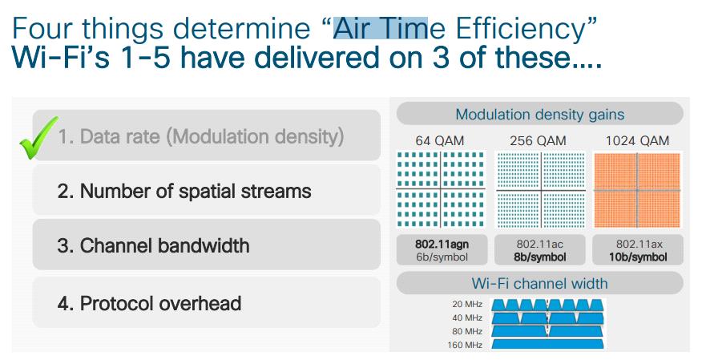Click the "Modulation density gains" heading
[x=540, y=115]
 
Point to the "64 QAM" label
[x=439, y=141]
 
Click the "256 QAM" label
[x=538, y=141]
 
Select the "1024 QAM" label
[x=637, y=141]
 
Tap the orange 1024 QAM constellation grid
[x=637, y=190]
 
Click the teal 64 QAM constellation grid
[x=441, y=189]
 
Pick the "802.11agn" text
[x=442, y=245]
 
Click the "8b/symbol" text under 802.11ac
[x=540, y=257]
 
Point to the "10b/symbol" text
[x=638, y=257]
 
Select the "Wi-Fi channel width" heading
[x=539, y=283]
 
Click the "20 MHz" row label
[x=467, y=304]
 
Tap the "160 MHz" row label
[x=465, y=345]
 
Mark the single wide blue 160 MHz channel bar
[x=547, y=345]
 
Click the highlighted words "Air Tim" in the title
[x=381, y=28]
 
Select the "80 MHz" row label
[x=467, y=332]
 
